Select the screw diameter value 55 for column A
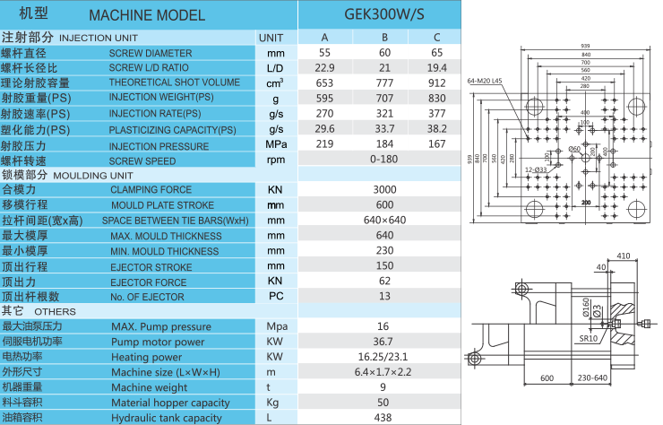tap(324, 53)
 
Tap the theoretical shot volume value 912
tap(436, 83)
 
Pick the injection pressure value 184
tap(384, 144)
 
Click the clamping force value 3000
tap(383, 190)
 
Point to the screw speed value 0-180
tap(383, 160)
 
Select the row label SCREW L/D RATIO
tap(149, 68)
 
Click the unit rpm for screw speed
tap(275, 160)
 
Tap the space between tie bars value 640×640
tap(384, 221)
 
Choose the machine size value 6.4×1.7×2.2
tap(383, 372)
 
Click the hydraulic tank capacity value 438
tap(383, 418)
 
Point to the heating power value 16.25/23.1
tap(383, 357)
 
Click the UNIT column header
tap(271, 38)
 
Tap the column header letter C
tap(436, 38)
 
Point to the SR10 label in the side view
tap(588, 340)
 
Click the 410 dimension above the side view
tap(624, 256)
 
